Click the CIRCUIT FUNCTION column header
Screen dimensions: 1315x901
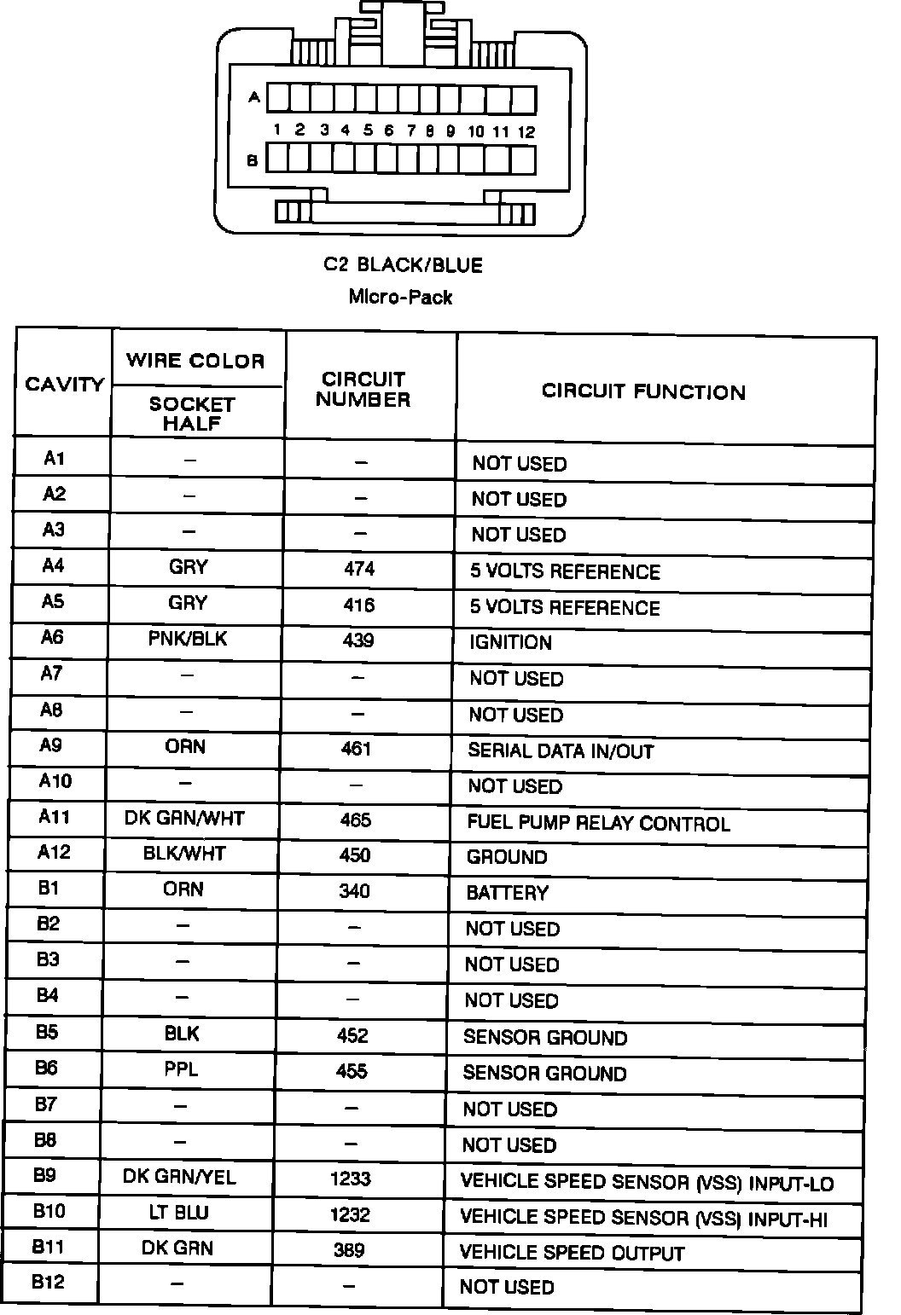(643, 392)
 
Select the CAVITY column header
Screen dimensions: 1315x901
(64, 385)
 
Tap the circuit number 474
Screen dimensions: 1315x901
(359, 569)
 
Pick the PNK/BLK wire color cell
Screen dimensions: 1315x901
(188, 639)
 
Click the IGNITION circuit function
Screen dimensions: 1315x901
(510, 642)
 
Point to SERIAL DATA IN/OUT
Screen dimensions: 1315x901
(561, 751)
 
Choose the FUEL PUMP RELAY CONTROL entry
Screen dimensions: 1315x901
(598, 824)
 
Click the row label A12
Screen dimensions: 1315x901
(54, 852)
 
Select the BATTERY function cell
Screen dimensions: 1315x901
(507, 893)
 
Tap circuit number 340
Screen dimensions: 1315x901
(354, 891)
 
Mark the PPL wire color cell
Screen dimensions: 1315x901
(181, 1069)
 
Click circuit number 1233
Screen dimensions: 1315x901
(350, 1179)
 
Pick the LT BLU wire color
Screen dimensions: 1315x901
(178, 1213)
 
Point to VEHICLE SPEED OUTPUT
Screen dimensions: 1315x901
(572, 1253)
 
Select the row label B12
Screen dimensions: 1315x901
(49, 1282)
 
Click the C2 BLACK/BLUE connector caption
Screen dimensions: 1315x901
(403, 265)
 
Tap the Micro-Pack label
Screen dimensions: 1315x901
(400, 298)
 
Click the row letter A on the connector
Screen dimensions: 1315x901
(253, 97)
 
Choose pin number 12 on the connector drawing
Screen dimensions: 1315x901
(526, 131)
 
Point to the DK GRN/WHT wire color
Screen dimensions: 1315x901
(184, 819)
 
